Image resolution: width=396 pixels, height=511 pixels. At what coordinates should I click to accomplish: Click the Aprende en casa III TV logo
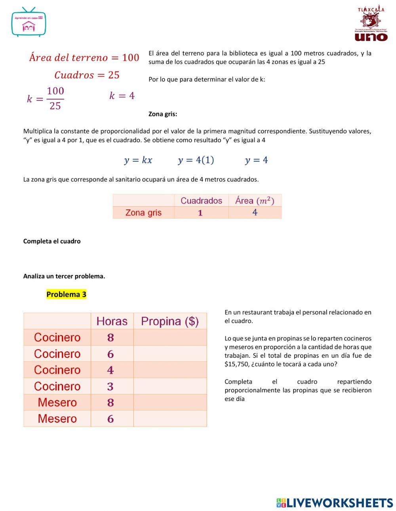(x=29, y=23)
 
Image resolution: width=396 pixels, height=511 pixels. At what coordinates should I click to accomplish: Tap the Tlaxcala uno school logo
(x=371, y=24)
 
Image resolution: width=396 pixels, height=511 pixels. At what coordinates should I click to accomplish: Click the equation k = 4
(x=122, y=96)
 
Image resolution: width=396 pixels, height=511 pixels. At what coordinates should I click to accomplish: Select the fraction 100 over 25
(x=55, y=98)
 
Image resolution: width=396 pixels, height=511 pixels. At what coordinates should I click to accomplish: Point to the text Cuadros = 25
(x=87, y=75)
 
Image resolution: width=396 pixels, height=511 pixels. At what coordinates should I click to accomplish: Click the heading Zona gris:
(x=163, y=114)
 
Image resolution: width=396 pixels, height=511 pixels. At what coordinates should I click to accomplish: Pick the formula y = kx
(x=138, y=160)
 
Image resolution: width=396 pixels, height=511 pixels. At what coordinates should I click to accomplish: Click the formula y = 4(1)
(x=196, y=160)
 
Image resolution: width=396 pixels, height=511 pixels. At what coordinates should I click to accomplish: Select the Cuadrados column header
(x=201, y=201)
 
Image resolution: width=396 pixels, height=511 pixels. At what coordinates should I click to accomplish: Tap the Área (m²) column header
(x=255, y=201)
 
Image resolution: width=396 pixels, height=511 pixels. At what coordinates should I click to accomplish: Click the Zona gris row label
(x=143, y=213)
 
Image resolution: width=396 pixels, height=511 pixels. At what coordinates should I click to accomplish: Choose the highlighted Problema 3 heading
(x=66, y=294)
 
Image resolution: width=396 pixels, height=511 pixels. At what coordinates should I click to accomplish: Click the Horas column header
(x=112, y=321)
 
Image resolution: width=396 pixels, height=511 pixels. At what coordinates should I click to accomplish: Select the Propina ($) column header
(x=170, y=321)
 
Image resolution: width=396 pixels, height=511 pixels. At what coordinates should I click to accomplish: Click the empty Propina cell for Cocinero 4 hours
(x=170, y=370)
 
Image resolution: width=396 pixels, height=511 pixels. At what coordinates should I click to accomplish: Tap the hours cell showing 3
(x=110, y=386)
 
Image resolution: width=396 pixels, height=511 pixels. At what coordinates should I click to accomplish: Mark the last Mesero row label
(x=57, y=419)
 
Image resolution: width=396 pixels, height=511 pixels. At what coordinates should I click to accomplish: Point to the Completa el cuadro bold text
(x=52, y=241)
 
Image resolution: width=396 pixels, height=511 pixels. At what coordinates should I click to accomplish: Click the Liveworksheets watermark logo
(x=335, y=503)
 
